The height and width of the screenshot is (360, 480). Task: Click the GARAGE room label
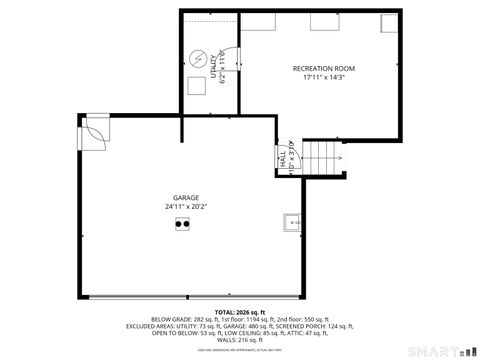[x=186, y=198]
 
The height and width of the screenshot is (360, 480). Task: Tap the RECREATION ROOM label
[x=323, y=68]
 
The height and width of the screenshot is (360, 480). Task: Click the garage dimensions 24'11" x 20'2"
[x=186, y=207]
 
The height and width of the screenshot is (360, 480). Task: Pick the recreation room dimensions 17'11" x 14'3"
[x=323, y=77]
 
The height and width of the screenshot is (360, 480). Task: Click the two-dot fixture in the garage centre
[x=182, y=225]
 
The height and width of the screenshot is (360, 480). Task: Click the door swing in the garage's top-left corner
[x=95, y=130]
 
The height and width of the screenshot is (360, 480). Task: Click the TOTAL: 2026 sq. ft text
[x=239, y=311]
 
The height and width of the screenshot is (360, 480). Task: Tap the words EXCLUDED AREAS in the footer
[x=151, y=326]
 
